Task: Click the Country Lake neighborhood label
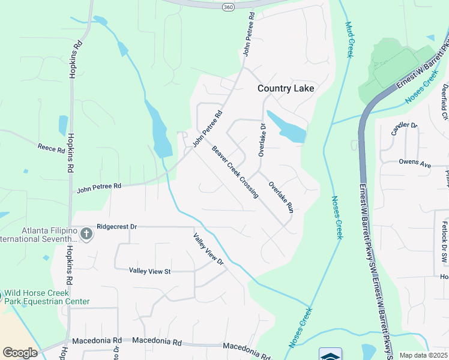pyautogui.click(x=286, y=88)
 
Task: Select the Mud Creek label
pyautogui.click(x=349, y=40)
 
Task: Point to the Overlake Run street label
pyautogui.click(x=281, y=197)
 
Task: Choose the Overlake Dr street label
pyautogui.click(x=262, y=140)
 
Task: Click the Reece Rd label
pyautogui.click(x=51, y=148)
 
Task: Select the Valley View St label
pyautogui.click(x=150, y=271)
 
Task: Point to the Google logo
pyautogui.click(x=20, y=352)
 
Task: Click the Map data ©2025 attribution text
pyautogui.click(x=423, y=355)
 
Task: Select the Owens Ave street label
pyautogui.click(x=415, y=164)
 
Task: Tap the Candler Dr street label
pyautogui.click(x=403, y=127)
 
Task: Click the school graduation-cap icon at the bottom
pyautogui.click(x=330, y=355)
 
